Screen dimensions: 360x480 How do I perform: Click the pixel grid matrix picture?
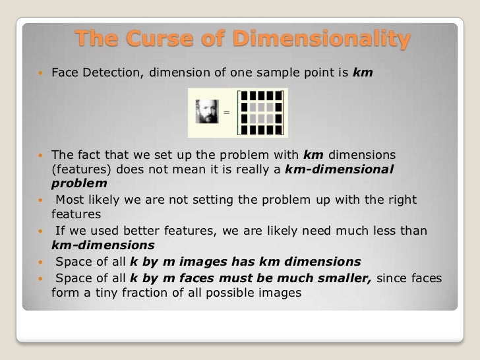pos(262,112)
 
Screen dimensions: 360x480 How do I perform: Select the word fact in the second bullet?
pos(88,155)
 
